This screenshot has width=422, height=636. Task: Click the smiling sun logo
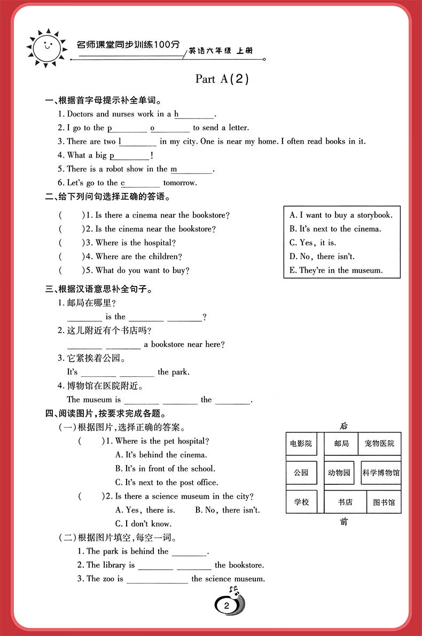point(46,47)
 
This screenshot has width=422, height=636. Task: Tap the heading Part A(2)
point(222,79)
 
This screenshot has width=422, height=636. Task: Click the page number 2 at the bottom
point(227,606)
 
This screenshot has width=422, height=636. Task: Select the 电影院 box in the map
point(301,444)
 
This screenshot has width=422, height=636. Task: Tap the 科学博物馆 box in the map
point(381,472)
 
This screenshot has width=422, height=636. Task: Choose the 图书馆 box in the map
point(384,502)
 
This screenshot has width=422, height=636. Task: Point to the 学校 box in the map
point(301,502)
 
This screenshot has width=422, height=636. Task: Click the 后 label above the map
point(343,426)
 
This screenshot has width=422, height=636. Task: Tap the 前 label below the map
point(343,521)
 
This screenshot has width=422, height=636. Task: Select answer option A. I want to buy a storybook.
point(341,215)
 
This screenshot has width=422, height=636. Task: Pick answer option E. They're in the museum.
point(336,270)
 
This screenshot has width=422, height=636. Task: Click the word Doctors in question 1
point(80,114)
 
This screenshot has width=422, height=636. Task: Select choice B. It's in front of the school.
point(165,469)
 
